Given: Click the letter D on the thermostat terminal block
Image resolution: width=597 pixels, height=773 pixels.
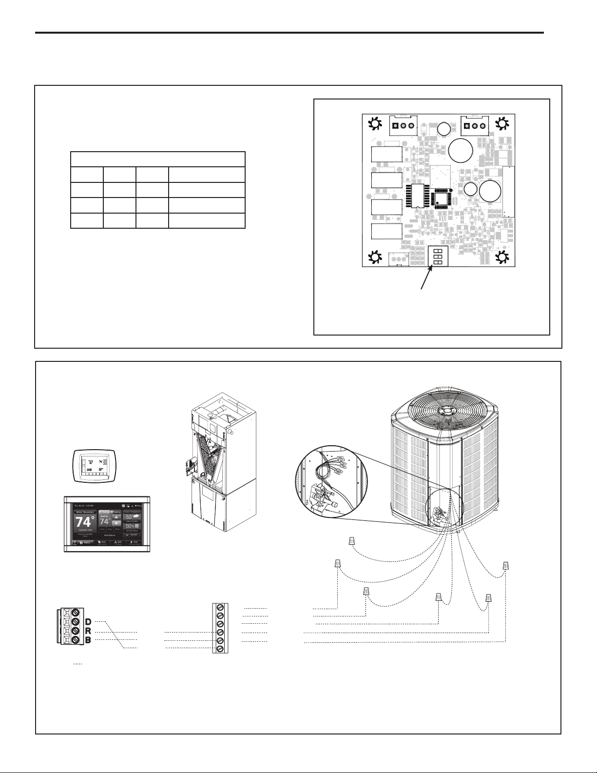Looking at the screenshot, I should [88, 621].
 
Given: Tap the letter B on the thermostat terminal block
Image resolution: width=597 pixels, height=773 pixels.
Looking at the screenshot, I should [88, 640].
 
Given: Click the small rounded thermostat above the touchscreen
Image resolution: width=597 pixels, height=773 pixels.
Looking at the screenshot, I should [93, 466].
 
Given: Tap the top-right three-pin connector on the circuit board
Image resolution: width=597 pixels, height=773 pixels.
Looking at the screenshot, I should [474, 126].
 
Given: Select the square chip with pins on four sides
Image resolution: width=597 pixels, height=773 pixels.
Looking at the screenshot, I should [442, 196].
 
